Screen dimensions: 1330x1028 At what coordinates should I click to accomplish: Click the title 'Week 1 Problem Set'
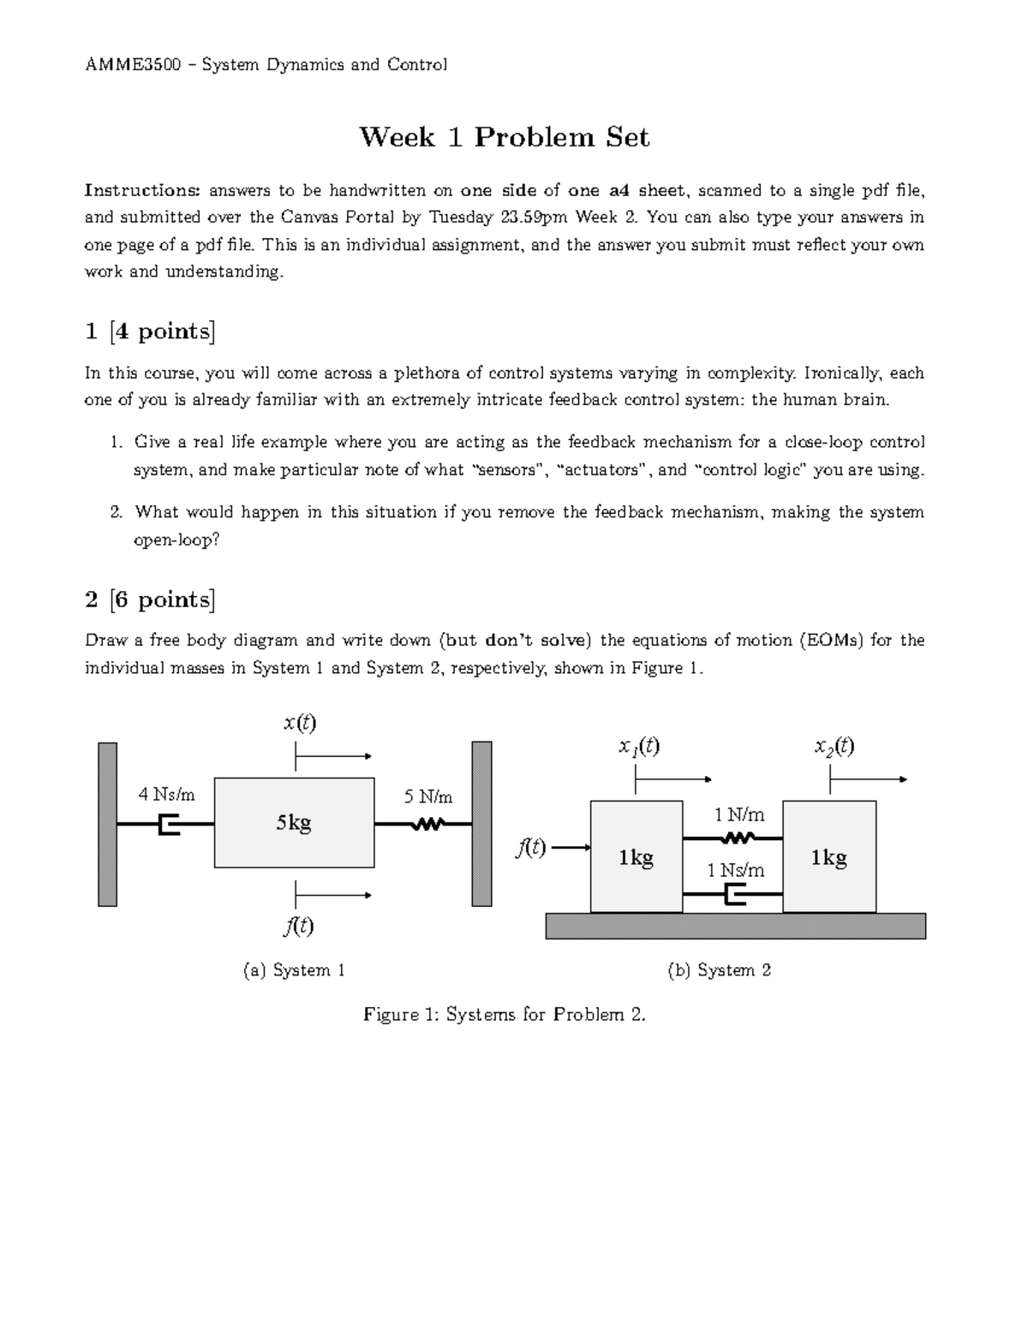[504, 137]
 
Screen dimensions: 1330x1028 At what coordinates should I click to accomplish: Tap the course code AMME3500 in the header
[132, 64]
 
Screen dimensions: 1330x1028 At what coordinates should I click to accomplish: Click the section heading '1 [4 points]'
[150, 331]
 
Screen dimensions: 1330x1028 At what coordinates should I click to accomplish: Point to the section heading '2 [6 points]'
[150, 599]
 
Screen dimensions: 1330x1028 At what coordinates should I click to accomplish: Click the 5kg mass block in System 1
[294, 823]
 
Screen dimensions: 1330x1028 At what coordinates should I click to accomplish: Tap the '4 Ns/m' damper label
[167, 795]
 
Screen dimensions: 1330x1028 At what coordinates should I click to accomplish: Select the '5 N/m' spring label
[428, 797]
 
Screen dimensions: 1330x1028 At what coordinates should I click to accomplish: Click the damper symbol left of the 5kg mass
[170, 825]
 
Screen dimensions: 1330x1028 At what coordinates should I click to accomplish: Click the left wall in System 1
[107, 823]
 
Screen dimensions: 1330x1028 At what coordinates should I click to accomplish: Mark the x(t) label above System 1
[300, 723]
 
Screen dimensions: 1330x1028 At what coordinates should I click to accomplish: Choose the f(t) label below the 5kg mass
[300, 926]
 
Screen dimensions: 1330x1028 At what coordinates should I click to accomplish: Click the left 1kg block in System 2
[637, 856]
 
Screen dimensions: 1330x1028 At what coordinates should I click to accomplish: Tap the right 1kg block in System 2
[829, 856]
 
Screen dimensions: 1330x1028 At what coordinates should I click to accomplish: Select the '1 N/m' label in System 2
[739, 814]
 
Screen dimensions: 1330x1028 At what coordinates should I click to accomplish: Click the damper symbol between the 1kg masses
[735, 895]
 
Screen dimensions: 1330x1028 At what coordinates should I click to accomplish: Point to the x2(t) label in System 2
[834, 747]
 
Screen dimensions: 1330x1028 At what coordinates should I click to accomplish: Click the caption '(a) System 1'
[294, 970]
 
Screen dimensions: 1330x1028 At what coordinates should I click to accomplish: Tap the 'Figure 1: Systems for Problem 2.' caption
[504, 1015]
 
